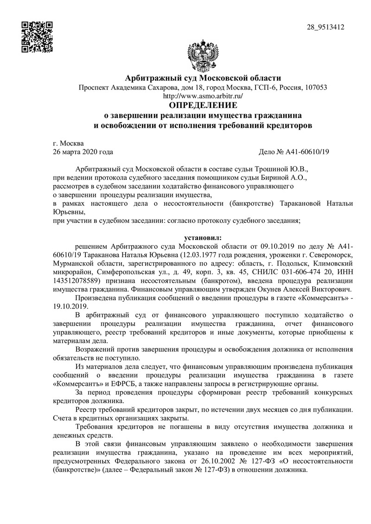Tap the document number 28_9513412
[326, 27]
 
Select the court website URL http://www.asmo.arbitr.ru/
[204, 96]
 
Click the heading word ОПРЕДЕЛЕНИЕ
[203, 105]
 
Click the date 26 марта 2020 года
[83, 152]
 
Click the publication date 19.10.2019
[70, 307]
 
